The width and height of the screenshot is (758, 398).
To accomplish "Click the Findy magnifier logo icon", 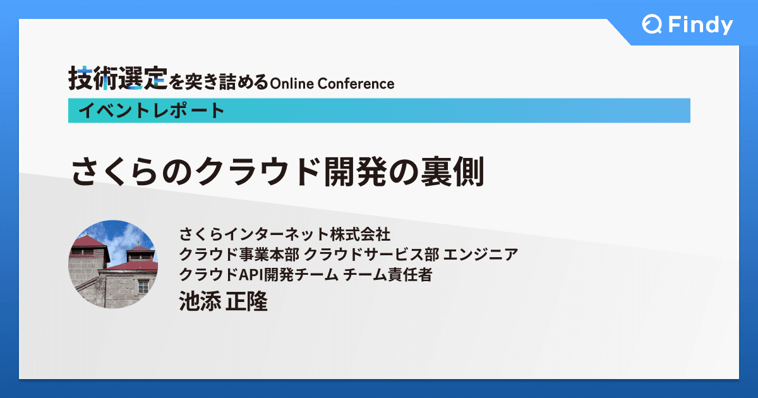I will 652,25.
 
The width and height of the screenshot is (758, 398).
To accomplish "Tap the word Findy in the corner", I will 700,25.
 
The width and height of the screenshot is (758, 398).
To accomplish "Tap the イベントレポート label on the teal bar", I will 152,111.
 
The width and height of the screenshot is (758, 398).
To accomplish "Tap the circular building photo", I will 112,264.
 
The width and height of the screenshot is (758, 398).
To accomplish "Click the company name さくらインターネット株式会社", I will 286,235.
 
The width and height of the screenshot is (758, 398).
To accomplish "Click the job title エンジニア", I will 481,255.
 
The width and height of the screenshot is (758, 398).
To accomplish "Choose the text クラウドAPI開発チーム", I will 258,275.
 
